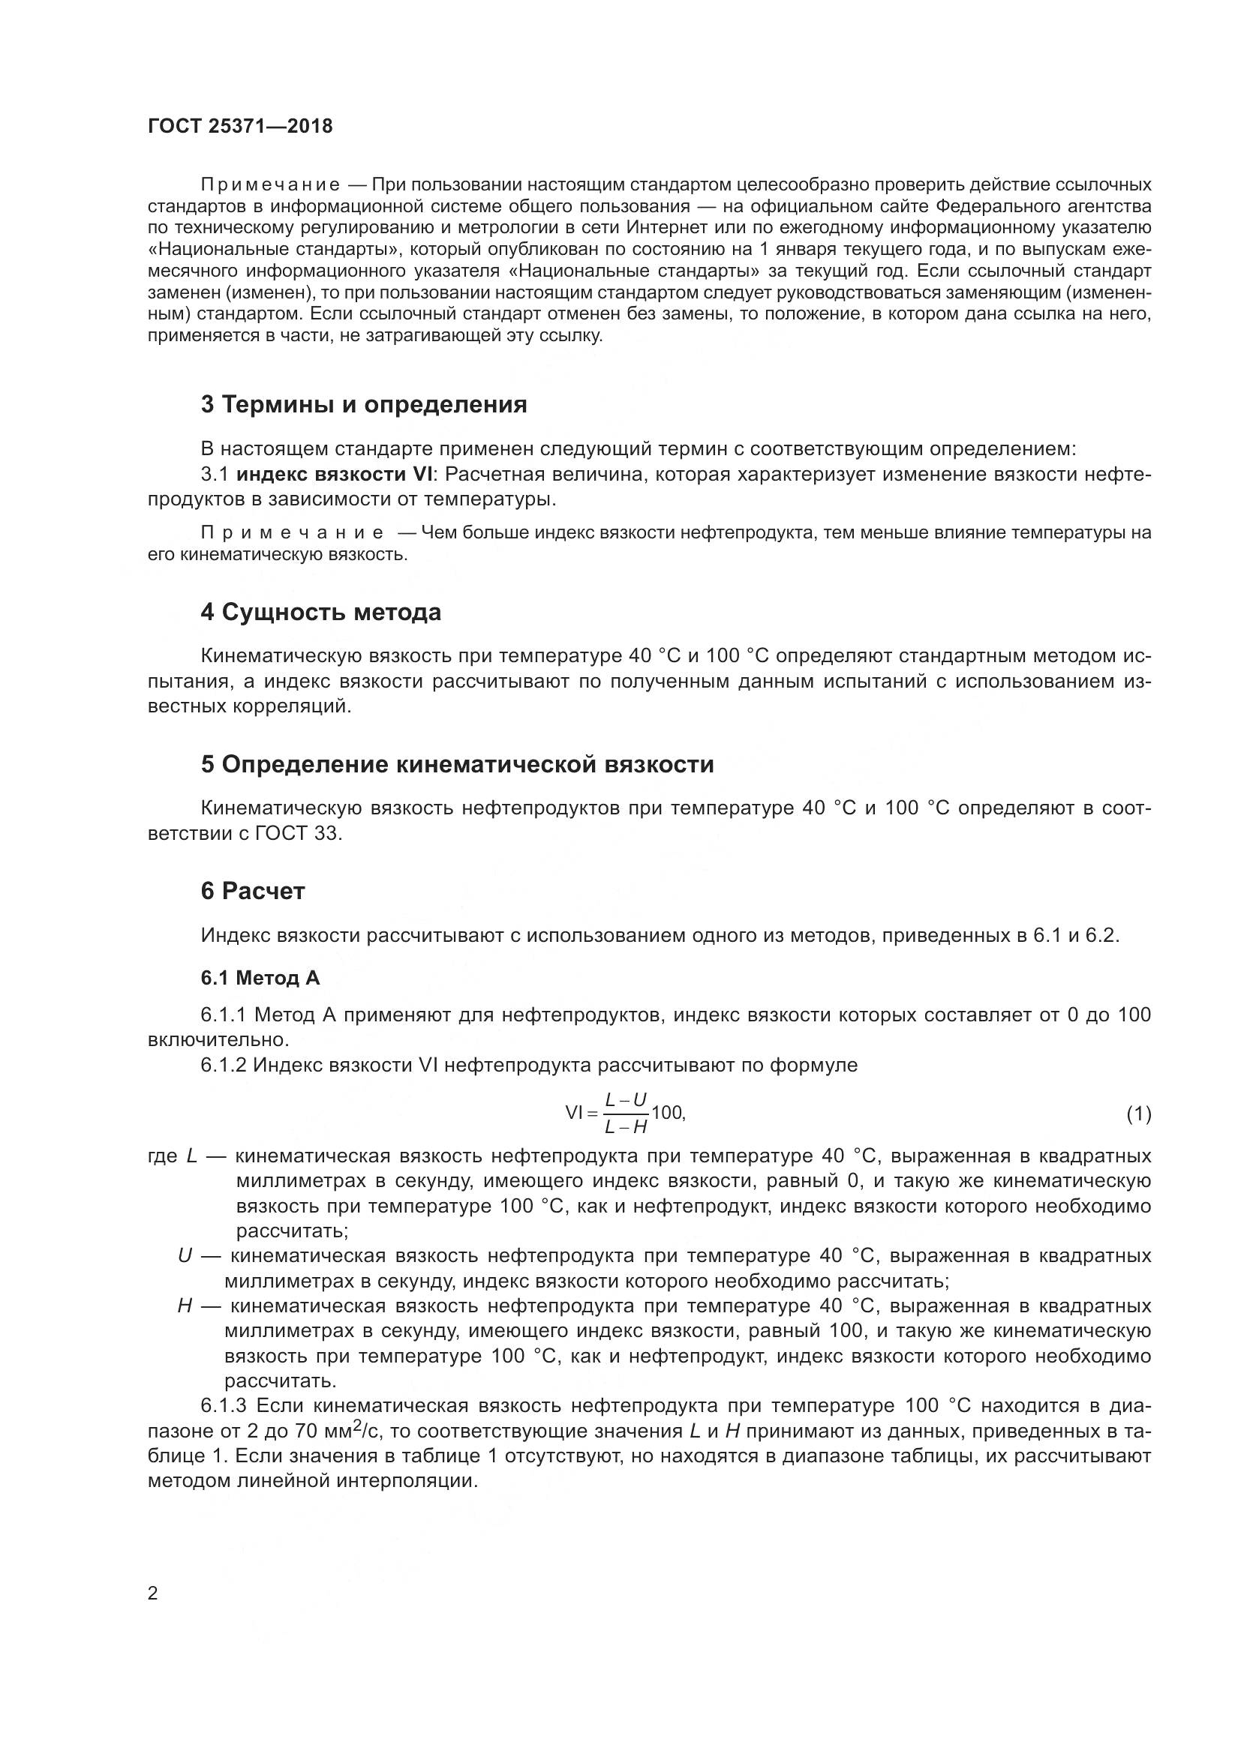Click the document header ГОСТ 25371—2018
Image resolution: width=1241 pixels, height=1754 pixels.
coord(240,127)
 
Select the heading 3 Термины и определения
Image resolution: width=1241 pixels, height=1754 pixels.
coord(364,404)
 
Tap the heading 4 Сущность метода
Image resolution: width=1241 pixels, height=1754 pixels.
coord(321,612)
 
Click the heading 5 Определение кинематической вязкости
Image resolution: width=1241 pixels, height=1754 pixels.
coord(457,764)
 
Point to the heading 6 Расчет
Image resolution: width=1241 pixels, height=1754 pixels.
coord(253,891)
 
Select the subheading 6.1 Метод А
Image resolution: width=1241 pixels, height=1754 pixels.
coord(260,978)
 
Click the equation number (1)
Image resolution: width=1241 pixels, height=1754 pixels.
coord(1139,1114)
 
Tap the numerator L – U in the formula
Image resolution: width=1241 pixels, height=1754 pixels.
coord(626,1099)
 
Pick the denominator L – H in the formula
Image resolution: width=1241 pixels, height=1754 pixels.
coord(626,1127)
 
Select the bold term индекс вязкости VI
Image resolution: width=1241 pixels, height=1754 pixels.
coord(334,475)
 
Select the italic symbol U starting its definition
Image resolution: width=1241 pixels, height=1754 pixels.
coord(184,1255)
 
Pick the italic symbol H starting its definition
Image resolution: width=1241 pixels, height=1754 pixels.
coord(184,1306)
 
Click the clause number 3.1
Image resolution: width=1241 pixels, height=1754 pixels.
coord(215,475)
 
